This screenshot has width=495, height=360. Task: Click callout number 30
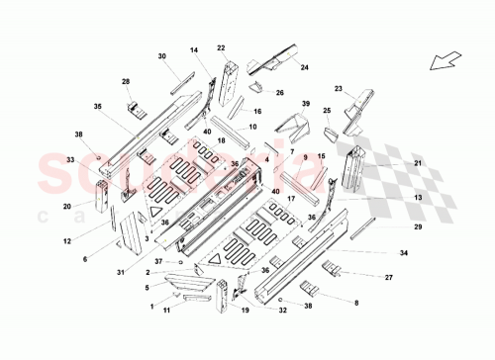coord(161,57)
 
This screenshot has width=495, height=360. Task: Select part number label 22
coord(222,47)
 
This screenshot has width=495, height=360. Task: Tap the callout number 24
coord(305,67)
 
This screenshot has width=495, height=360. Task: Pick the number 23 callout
coord(339,89)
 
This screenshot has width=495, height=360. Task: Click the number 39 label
coord(306,104)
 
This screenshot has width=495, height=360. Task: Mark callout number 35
coord(98,106)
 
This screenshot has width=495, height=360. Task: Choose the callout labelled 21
coord(418,163)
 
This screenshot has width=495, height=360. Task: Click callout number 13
coord(418,198)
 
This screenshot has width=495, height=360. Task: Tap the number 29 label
coord(418,227)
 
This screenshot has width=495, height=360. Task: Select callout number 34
coord(404,254)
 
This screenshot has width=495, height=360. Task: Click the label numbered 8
coord(357,302)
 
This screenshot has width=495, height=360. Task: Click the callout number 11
coord(167,310)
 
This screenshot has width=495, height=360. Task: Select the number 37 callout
coord(158,260)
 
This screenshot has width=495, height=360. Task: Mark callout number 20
coord(66,207)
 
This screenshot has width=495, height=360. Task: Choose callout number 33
coord(70,158)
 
